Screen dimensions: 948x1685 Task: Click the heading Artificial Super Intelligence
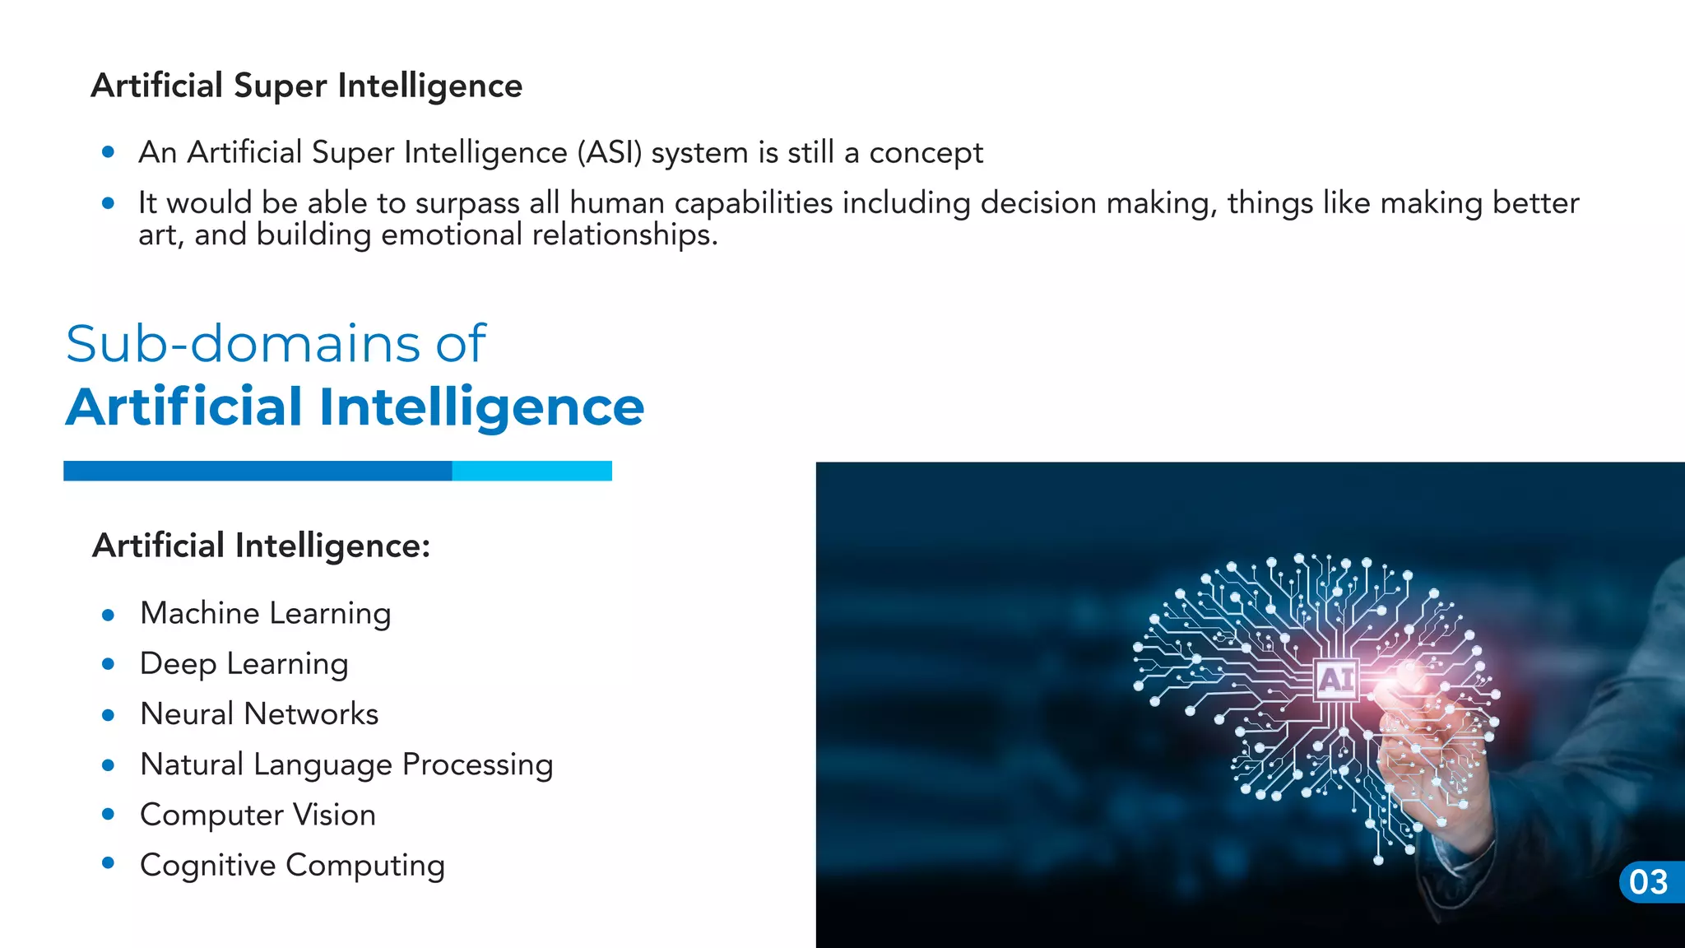[306, 86]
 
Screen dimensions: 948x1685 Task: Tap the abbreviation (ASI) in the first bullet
[609, 153]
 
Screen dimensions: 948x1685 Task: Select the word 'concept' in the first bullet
[926, 153]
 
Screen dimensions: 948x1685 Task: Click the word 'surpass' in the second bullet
[467, 203]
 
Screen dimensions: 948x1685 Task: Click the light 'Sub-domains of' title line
[276, 343]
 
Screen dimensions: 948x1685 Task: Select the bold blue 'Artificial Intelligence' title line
[355, 407]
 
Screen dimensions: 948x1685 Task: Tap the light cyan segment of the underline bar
[531, 471]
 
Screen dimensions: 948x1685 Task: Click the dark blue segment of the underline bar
[258, 471]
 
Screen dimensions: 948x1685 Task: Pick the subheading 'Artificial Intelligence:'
[261, 546]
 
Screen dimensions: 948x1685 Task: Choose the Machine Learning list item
[265, 614]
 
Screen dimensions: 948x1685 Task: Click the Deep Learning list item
[244, 664]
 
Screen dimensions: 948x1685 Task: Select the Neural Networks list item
[259, 714]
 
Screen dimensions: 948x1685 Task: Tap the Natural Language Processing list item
[346, 764]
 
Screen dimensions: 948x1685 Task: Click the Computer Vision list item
[258, 815]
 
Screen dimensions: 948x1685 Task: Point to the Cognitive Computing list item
[292, 866]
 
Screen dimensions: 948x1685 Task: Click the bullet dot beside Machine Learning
[108, 614]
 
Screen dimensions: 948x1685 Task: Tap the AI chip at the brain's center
[1335, 680]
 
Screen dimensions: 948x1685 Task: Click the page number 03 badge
[1650, 882]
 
